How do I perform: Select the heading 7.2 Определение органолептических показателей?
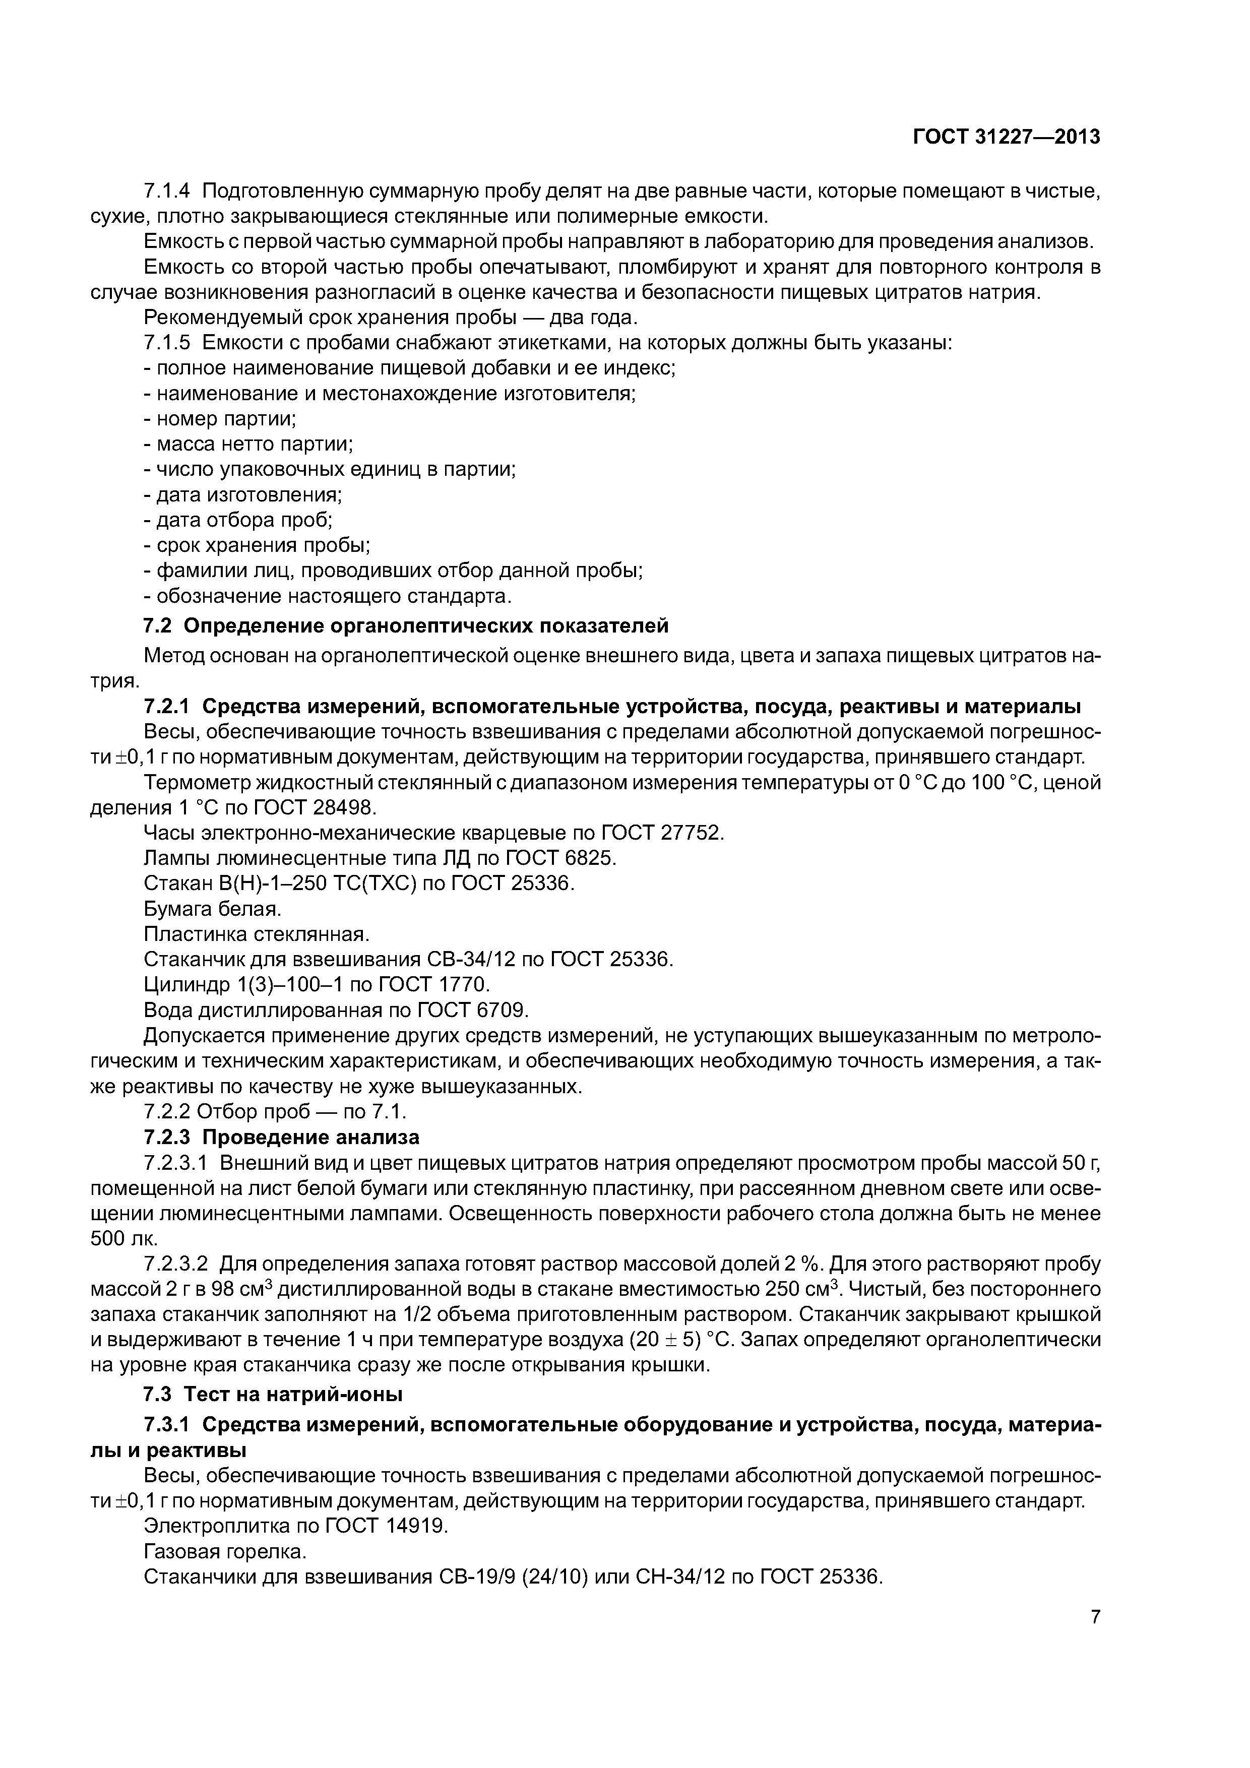406,626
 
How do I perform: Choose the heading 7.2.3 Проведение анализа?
281,1138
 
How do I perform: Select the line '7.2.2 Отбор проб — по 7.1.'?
274,1112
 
